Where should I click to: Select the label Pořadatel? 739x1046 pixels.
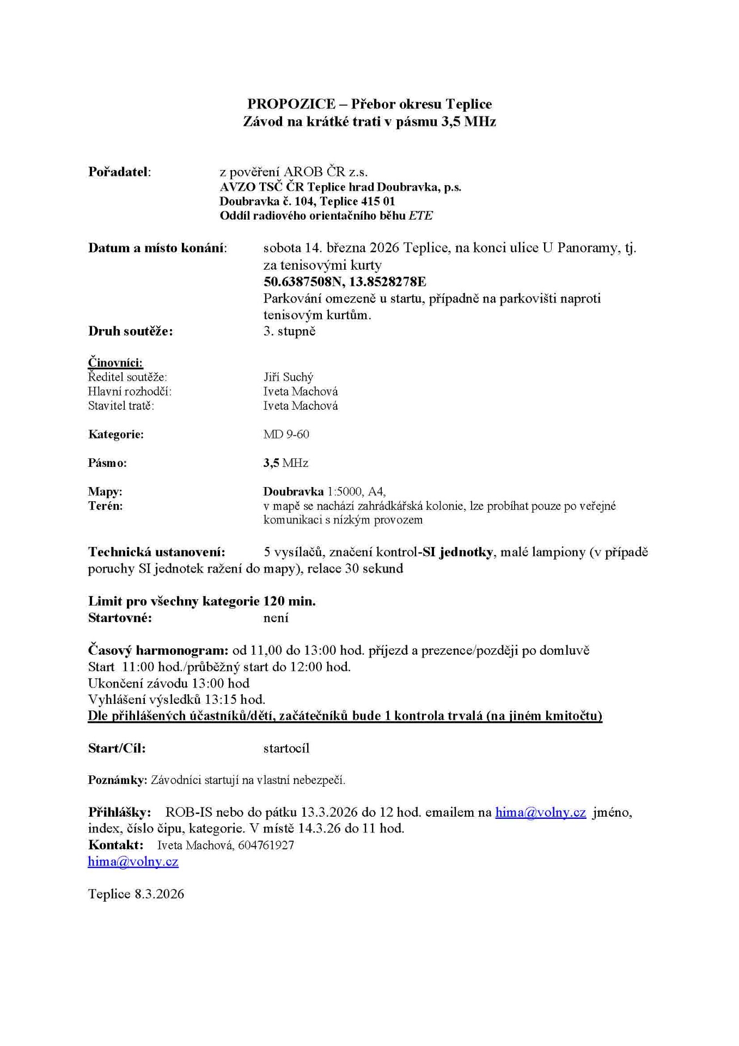click(119, 172)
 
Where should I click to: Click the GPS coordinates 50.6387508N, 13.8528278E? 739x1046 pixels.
click(344, 282)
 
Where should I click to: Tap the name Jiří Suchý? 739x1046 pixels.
click(288, 377)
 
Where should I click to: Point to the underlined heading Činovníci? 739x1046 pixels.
click(115, 363)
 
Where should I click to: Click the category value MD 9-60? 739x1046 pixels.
click(286, 434)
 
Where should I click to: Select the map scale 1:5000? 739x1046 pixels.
click(344, 491)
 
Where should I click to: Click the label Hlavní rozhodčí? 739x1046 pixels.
click(130, 391)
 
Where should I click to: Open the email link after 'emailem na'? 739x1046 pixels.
click(540, 812)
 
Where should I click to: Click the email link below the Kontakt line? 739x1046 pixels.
click(133, 861)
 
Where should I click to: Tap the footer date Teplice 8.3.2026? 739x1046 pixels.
click(136, 894)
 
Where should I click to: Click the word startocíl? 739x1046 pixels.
click(286, 748)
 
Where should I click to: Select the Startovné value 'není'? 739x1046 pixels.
click(276, 618)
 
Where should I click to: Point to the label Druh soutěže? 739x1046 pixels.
click(130, 331)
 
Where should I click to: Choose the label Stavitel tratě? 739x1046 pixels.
click(121, 406)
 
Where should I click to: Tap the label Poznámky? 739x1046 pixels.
click(117, 780)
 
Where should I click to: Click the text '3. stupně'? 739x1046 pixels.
click(289, 331)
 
